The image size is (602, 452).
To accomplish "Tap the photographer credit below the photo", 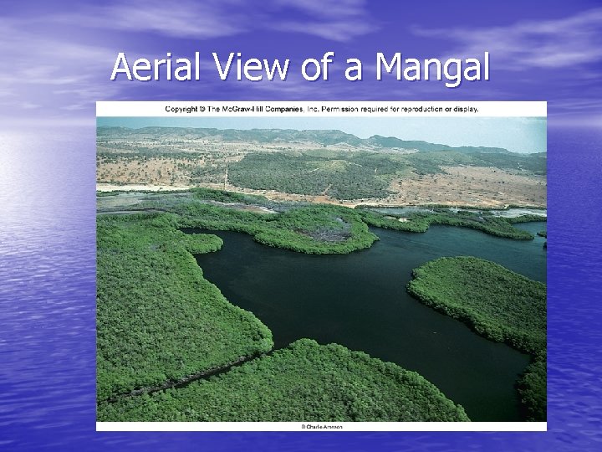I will (x=322, y=427).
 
